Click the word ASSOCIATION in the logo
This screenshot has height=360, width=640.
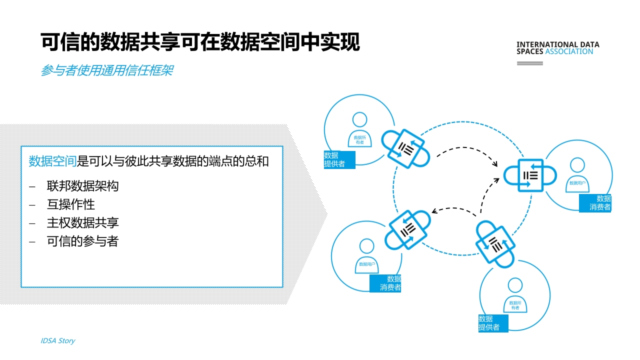click(x=569, y=51)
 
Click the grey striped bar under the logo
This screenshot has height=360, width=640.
click(x=529, y=63)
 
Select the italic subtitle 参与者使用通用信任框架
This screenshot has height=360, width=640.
click(x=107, y=70)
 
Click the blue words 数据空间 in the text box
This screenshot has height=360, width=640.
click(x=52, y=161)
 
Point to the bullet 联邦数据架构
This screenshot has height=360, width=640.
click(x=82, y=186)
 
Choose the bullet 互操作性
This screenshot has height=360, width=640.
click(x=70, y=204)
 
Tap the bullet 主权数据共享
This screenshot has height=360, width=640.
click(x=82, y=223)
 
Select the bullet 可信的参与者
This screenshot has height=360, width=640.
click(x=82, y=241)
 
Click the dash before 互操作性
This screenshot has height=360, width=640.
click(x=32, y=205)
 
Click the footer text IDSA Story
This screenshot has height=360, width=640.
click(x=57, y=340)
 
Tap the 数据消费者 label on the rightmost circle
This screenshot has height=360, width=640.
click(x=595, y=203)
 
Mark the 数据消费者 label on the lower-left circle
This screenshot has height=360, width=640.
click(x=385, y=283)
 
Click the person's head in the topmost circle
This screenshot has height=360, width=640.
click(x=359, y=119)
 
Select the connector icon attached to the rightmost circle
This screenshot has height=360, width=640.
click(x=530, y=175)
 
